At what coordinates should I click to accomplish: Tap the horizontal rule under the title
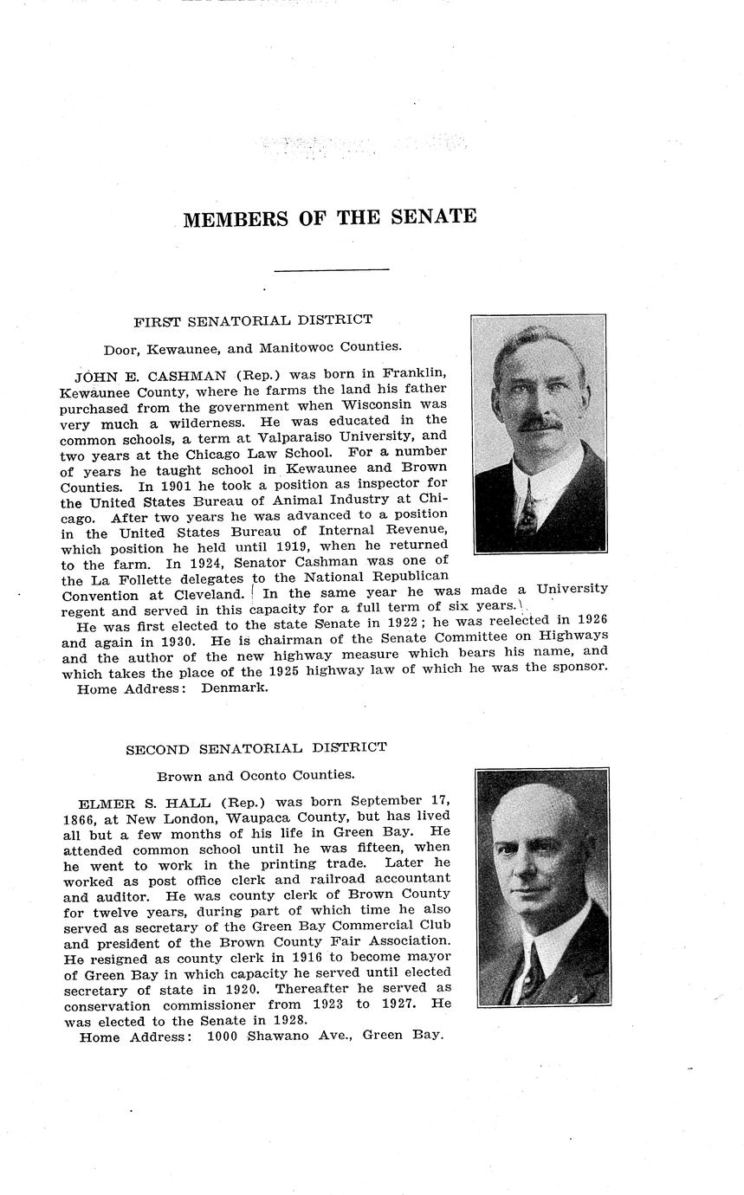point(332,270)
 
